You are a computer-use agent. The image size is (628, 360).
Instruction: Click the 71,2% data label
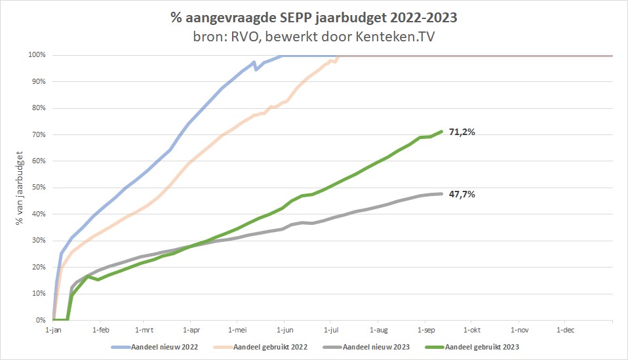(461, 132)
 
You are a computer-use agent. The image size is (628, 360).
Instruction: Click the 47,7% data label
(461, 194)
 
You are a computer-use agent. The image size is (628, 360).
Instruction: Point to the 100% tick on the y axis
(37, 55)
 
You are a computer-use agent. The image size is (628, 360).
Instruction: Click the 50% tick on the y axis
(39, 188)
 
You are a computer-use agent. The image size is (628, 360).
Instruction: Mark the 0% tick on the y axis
(40, 320)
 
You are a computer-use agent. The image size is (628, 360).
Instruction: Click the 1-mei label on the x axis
(237, 330)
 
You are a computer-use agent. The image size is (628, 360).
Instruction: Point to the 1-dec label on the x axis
(565, 330)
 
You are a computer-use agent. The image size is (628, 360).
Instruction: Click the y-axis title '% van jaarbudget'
(21, 188)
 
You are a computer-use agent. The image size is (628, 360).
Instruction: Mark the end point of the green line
(442, 131)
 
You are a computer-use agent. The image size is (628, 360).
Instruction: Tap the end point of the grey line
(442, 193)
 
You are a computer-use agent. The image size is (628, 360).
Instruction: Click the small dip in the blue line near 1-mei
(256, 69)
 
